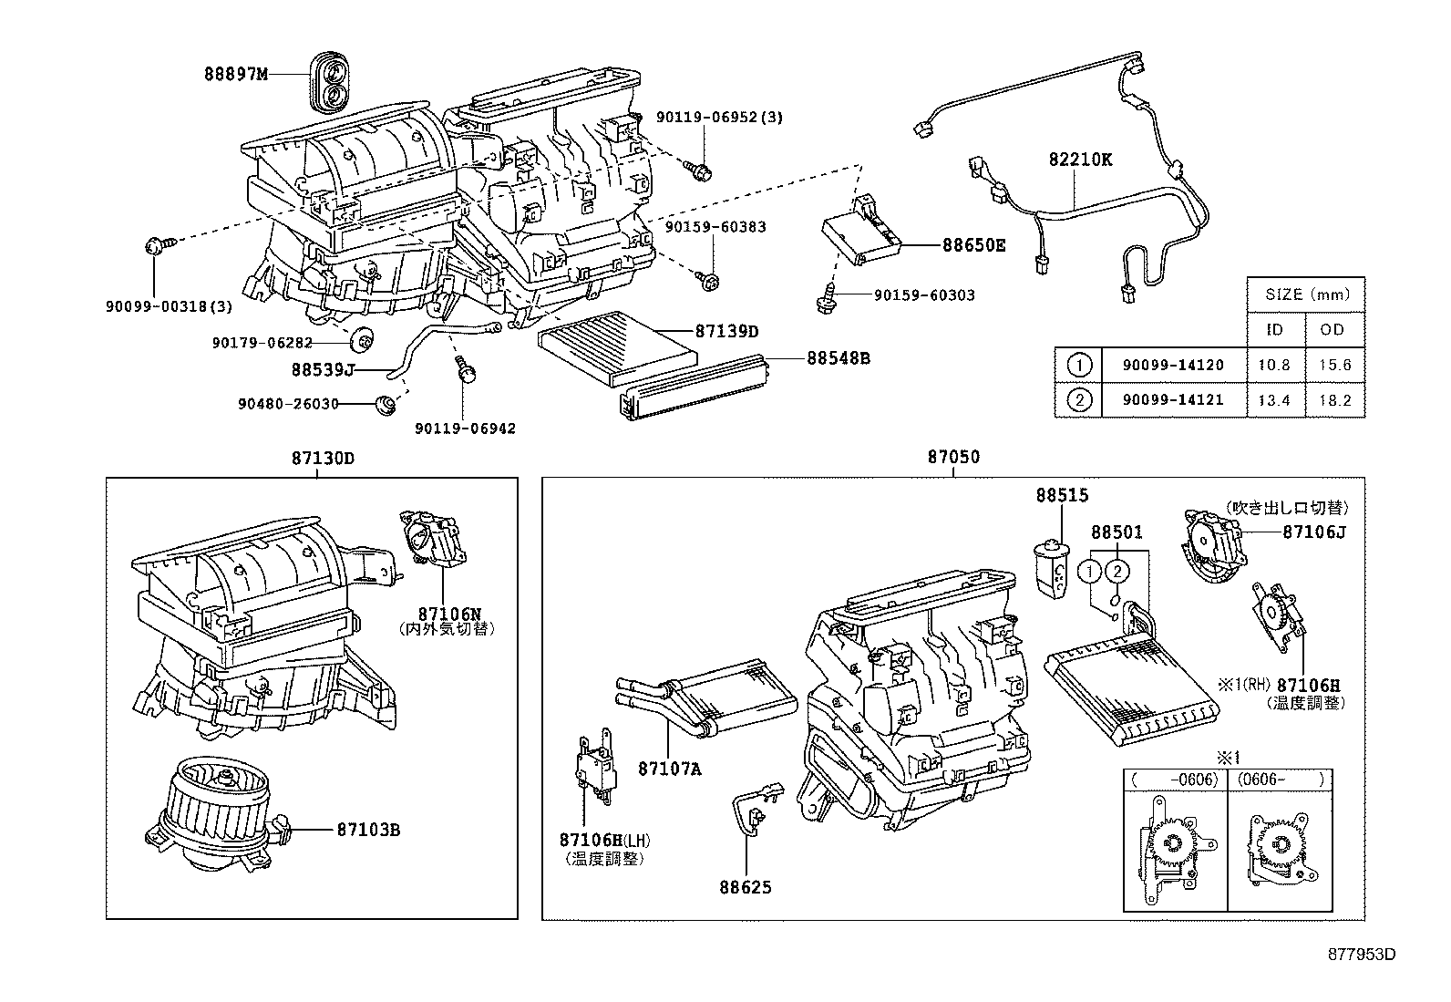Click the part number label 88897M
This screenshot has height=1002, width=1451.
tap(236, 74)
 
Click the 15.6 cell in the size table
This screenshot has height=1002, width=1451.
tap(1332, 365)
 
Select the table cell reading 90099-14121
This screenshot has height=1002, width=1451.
tap(1172, 399)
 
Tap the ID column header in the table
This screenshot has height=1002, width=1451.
tap(1273, 329)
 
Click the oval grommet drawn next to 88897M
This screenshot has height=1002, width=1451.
tap(329, 80)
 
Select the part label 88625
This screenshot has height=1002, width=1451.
tap(744, 885)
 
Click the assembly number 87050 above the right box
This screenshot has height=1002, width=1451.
tap(953, 457)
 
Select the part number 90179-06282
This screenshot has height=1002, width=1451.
tap(262, 343)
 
